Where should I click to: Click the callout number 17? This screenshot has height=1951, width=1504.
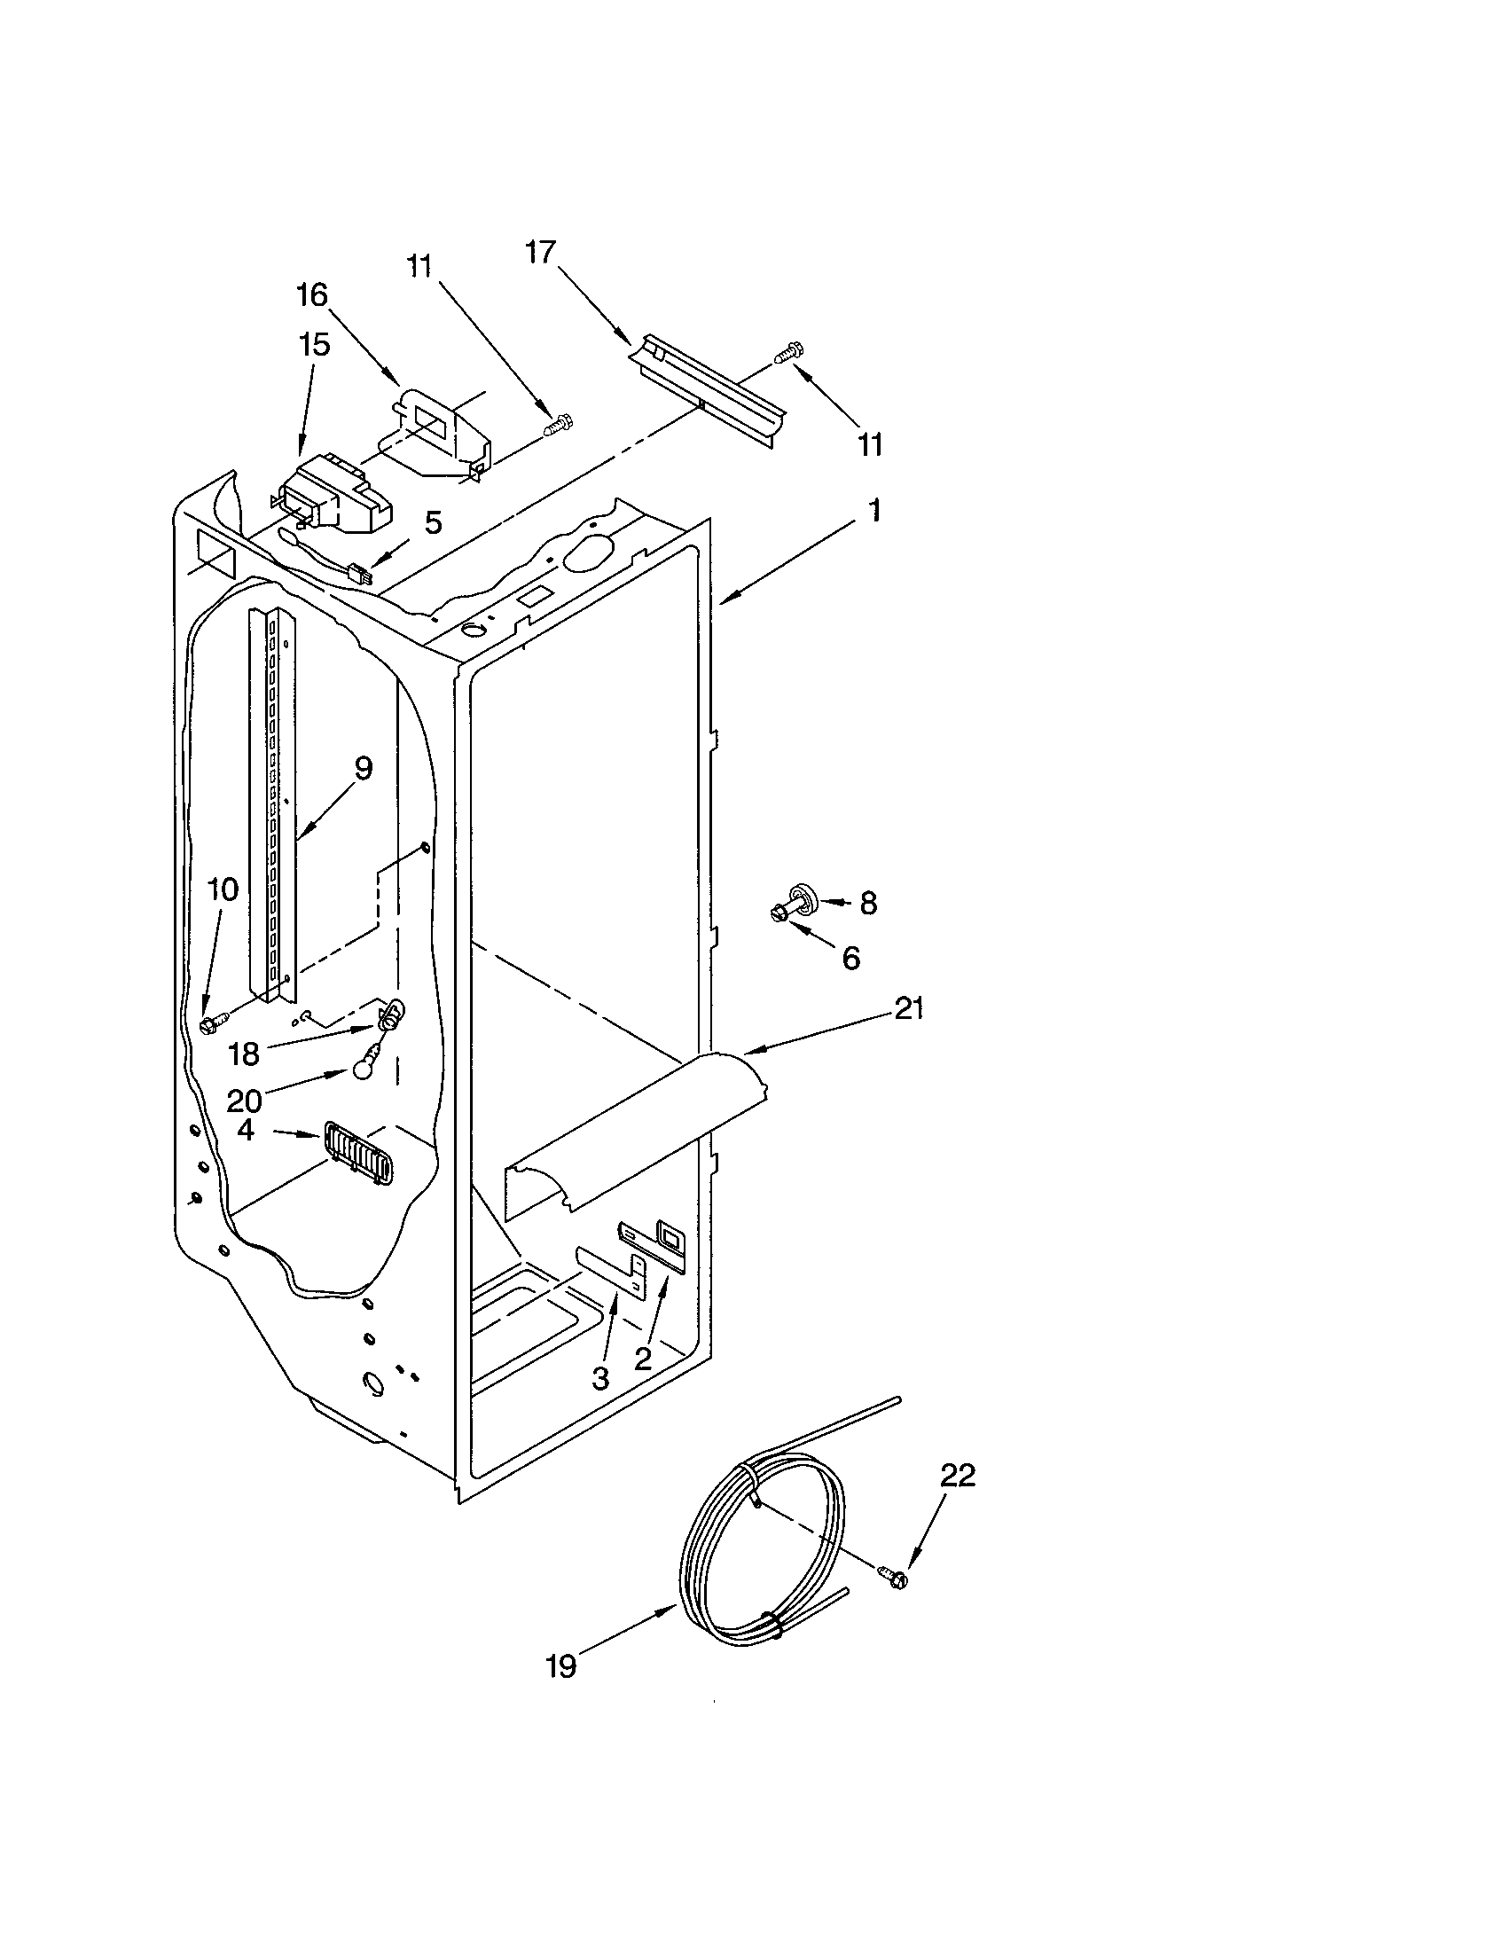click(x=540, y=253)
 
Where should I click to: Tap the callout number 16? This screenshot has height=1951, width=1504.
click(x=312, y=294)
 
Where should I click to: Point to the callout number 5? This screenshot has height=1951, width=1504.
click(x=432, y=522)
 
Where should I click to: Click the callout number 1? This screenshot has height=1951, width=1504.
click(x=875, y=511)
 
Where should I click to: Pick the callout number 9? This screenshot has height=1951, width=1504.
click(x=363, y=768)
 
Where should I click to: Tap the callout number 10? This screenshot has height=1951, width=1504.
click(x=223, y=889)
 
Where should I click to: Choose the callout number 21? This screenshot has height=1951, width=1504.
click(x=908, y=1008)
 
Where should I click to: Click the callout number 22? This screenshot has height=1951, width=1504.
click(x=958, y=1476)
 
